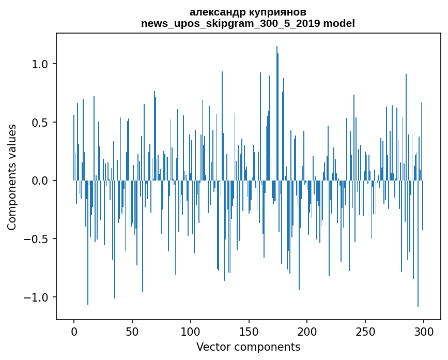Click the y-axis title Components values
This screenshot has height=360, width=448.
12,177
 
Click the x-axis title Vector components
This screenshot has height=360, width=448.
248,347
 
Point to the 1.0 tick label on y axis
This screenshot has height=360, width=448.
40,64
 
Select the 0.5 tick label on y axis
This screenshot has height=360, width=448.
40,123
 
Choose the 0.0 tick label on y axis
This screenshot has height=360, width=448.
40,181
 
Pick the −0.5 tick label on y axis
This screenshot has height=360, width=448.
36,239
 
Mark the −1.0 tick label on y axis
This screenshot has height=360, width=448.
36,297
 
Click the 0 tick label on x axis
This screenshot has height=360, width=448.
74,331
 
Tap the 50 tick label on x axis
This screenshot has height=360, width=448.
132,331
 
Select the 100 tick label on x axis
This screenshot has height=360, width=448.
191,331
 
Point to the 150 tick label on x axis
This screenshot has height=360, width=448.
249,331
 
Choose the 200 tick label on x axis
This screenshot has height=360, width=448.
307,331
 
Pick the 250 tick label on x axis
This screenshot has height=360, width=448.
365,331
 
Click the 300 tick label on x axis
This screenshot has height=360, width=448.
424,331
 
